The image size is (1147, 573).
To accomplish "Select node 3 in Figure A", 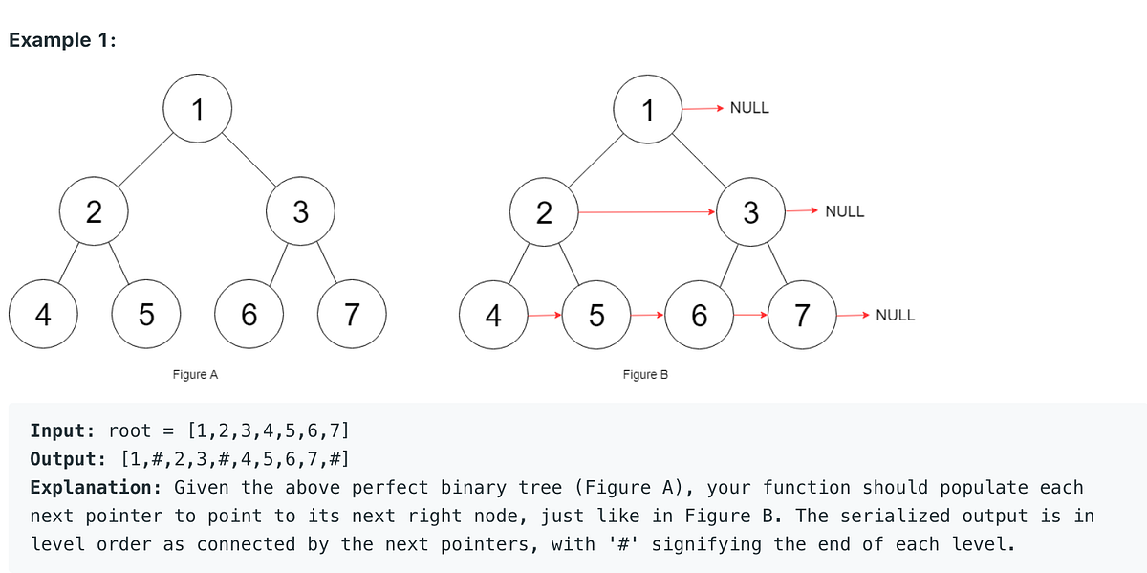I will [x=300, y=211].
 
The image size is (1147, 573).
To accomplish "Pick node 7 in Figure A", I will [x=351, y=314].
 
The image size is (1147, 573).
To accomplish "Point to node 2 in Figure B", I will [x=543, y=211].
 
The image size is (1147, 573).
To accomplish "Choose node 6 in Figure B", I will [x=699, y=314].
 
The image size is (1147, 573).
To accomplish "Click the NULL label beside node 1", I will [x=748, y=108].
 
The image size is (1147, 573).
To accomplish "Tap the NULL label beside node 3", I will [x=844, y=211].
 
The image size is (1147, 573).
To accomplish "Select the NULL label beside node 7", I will [x=895, y=314].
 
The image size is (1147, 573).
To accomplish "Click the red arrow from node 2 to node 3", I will [x=647, y=211].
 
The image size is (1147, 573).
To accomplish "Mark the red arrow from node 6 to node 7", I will [x=750, y=314].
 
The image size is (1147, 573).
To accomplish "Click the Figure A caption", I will [x=195, y=374].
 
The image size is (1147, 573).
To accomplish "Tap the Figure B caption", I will [x=645, y=374].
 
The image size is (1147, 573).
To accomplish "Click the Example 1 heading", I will [x=62, y=41].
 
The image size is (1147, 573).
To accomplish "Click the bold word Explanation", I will [x=98, y=487].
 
